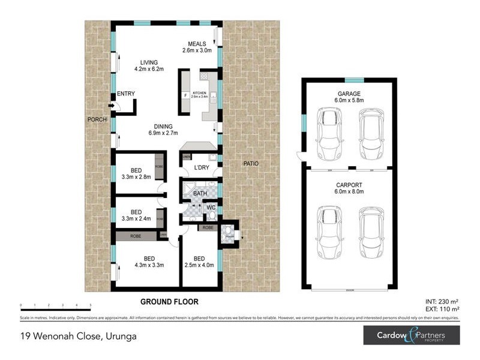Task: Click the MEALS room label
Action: pos(197,44)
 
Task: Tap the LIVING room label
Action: pos(148,62)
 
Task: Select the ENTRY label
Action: pos(126,94)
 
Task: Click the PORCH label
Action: pos(97,119)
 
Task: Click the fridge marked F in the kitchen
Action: pos(185,95)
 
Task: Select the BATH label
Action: pos(200,194)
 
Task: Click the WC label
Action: pos(211,208)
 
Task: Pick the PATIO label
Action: pos(251,163)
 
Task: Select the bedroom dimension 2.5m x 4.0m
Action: pos(199,264)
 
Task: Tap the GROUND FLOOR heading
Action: pos(169,301)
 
